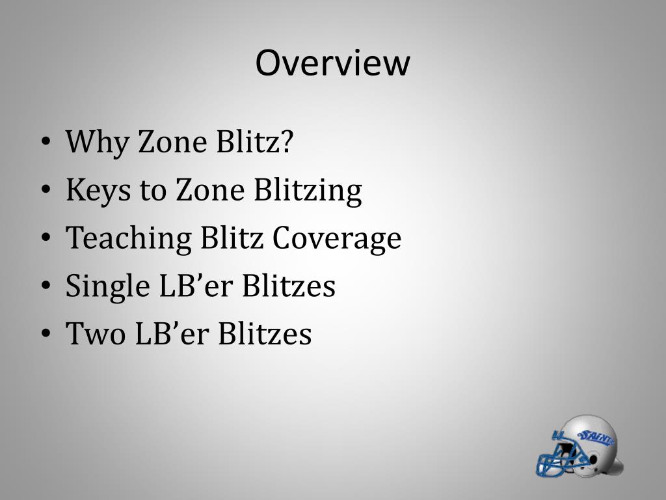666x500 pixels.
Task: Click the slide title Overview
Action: pos(332,63)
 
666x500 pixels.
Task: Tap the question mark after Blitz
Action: pos(286,141)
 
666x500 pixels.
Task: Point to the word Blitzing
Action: pos(308,190)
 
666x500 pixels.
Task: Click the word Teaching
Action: pos(129,238)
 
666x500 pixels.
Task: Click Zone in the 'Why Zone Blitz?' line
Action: pos(172,141)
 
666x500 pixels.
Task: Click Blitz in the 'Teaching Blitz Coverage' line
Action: pos(232,238)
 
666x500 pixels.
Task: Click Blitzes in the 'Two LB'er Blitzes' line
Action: pos(265,334)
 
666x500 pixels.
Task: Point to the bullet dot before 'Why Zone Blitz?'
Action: pos(46,143)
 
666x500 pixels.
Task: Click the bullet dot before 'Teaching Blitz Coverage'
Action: pos(46,240)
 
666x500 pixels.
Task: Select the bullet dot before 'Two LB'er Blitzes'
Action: pos(46,335)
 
